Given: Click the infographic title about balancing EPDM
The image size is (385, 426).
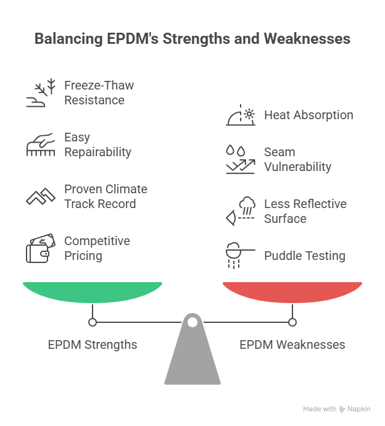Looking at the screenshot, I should click(192, 39).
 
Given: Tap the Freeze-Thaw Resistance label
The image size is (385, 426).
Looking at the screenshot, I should click(99, 93).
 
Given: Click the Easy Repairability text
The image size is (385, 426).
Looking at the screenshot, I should click(97, 144).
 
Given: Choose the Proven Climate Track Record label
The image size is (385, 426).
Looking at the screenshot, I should click(106, 196).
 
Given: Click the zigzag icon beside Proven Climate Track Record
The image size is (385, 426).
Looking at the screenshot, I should click(41, 197).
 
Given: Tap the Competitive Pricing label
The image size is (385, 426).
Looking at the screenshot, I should click(97, 248).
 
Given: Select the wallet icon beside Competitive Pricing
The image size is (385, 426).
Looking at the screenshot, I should click(38, 249).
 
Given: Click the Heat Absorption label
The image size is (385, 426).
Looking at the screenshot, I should click(308, 115).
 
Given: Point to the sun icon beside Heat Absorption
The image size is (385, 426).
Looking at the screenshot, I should click(241, 115).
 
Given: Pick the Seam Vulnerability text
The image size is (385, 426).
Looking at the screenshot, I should click(297, 159).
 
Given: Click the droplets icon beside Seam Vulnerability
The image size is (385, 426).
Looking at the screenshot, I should click(240, 160).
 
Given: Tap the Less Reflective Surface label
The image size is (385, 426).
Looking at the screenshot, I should click(305, 211).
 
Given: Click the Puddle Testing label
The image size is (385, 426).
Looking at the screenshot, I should click(305, 256).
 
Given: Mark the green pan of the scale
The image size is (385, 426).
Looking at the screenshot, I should click(93, 291).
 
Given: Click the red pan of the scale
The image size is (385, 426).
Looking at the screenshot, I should click(292, 291).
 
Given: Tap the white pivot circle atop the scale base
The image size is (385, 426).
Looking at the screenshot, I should click(192, 322).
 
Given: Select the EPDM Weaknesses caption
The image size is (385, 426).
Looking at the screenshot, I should click(292, 345).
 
